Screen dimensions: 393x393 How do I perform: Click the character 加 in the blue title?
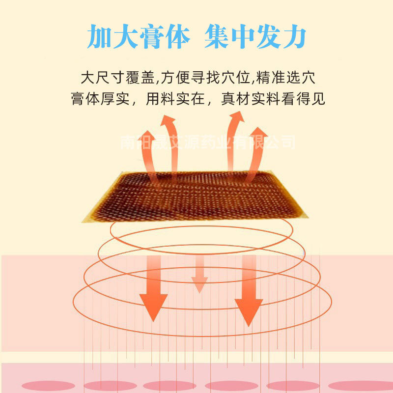click(x=100, y=37)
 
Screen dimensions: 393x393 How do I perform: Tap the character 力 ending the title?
click(x=293, y=37)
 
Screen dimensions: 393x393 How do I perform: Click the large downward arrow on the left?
click(x=153, y=290)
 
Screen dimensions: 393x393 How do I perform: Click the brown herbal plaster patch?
click(x=196, y=196)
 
